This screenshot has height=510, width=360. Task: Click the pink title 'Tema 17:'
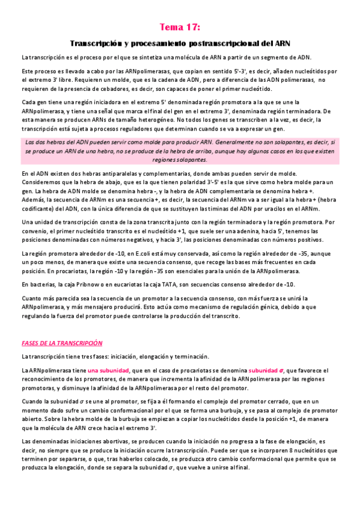tap(180, 27)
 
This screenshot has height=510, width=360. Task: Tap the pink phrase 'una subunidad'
tap(109, 370)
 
